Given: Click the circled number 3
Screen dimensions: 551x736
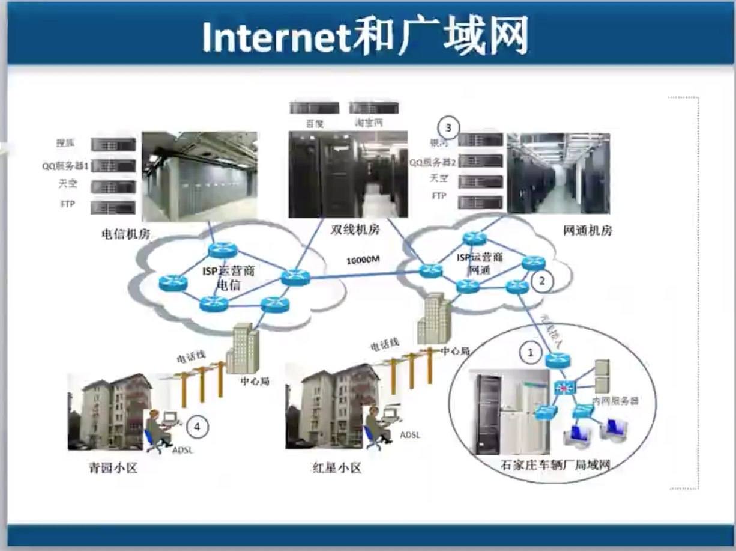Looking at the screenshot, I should [448, 127].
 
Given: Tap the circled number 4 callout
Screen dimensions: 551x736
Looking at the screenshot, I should [197, 427].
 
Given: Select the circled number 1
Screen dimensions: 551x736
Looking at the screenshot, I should [530, 353].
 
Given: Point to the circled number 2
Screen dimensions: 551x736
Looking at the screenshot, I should [542, 280].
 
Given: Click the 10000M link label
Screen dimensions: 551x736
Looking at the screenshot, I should [363, 260].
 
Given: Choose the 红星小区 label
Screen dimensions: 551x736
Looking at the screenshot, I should [337, 468].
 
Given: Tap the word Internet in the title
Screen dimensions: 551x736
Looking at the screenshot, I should [275, 37].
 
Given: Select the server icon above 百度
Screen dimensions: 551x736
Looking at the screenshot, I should [314, 108].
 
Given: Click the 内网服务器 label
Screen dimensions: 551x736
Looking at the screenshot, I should [615, 400].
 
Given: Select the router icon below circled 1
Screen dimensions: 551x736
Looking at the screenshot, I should [558, 361].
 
